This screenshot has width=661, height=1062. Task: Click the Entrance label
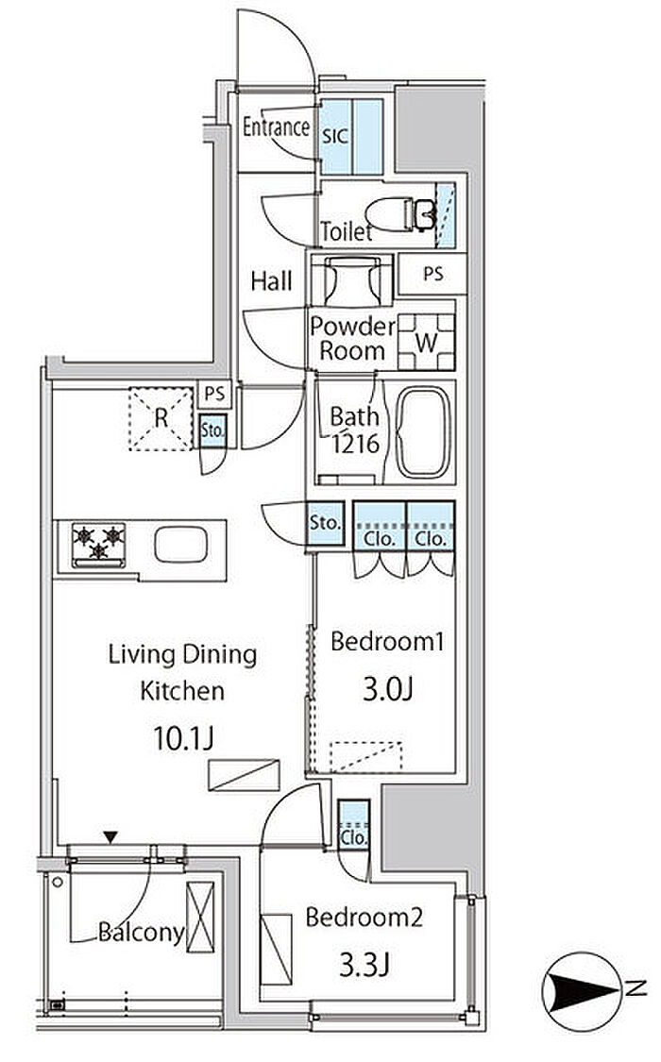point(277,126)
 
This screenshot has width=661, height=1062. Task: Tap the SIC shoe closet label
point(335,136)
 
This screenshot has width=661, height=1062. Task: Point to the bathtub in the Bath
point(424,432)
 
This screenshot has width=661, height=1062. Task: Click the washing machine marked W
point(426,342)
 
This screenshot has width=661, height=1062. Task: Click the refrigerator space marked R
point(161,418)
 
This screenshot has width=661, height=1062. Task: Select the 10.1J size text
point(183,739)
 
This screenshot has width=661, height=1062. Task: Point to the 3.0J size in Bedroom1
point(387,689)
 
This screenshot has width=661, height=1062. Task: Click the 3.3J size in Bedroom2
point(364,965)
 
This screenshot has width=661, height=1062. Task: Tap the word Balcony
point(142,933)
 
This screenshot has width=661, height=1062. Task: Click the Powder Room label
point(352,339)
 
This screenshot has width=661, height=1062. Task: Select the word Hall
point(272,281)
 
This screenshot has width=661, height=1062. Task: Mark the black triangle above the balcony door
point(110,838)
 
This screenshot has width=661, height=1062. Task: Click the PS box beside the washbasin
point(432,274)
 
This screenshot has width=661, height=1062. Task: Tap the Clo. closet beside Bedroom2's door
point(353,824)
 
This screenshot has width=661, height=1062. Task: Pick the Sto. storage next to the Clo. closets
point(325,523)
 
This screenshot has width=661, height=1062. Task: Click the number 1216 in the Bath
point(356,445)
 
